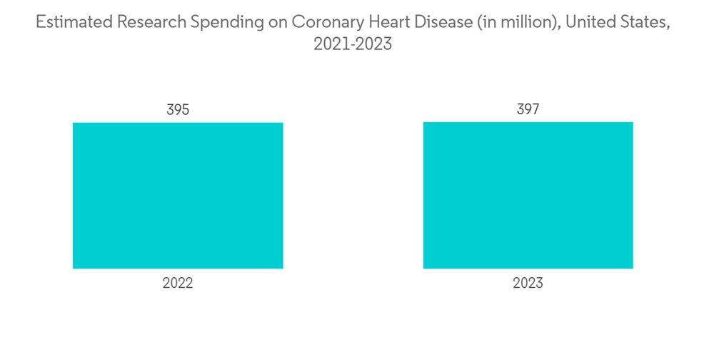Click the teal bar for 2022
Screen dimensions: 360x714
pos(178,196)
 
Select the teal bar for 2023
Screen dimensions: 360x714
pos(528,195)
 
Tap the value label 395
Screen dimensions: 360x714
pos(178,110)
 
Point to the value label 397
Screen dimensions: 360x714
pos(528,109)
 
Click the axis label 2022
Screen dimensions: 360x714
pos(178,283)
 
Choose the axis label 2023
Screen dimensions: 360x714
pos(528,283)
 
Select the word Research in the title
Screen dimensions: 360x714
pos(149,22)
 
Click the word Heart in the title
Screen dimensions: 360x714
pos(390,22)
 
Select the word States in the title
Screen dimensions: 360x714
pos(647,22)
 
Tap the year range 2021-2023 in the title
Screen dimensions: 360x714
pos(353,44)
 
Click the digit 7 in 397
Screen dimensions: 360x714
pos(535,109)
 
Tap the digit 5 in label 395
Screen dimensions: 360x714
pos(186,110)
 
